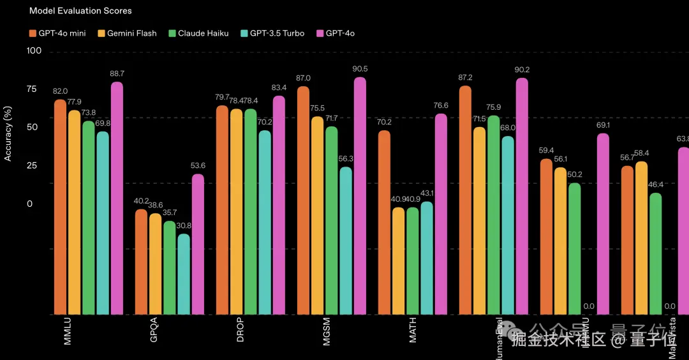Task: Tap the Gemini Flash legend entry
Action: [x=127, y=33]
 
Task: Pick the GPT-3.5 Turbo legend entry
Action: [x=272, y=33]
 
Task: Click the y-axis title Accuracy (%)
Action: [x=8, y=133]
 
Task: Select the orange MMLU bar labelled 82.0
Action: [x=60, y=207]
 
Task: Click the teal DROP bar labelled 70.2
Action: [x=265, y=223]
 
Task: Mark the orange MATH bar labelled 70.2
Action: [x=384, y=223]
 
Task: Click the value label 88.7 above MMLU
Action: [x=117, y=74]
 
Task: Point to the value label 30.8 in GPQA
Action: [x=184, y=226]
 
